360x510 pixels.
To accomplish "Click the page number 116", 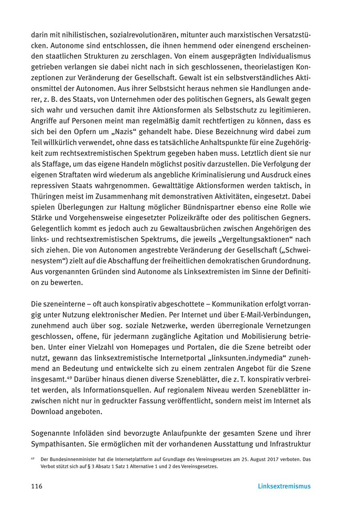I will (x=37, y=486).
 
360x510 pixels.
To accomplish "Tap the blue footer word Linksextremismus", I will (x=284, y=486).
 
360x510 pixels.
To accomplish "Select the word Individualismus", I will (x=282, y=56).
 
